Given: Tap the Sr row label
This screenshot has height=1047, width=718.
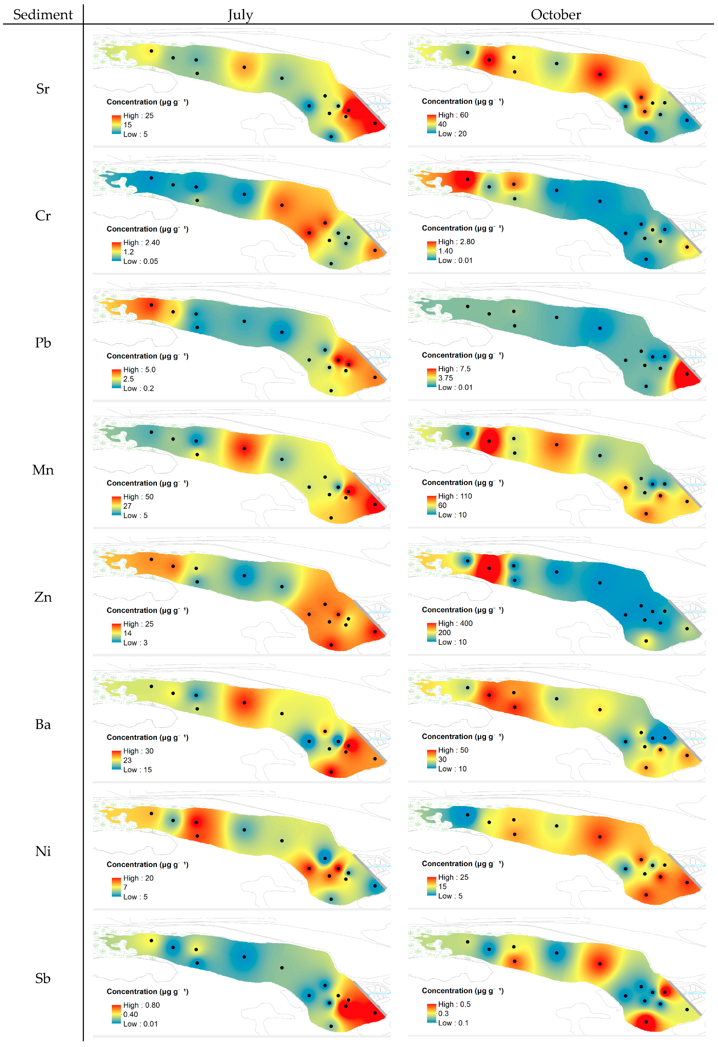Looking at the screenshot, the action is click(x=43, y=89).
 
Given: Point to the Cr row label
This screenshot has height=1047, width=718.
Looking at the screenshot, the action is click(x=43, y=216).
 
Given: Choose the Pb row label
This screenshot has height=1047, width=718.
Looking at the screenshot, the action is click(x=43, y=343).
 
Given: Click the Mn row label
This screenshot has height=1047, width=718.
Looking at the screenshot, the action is click(x=43, y=470).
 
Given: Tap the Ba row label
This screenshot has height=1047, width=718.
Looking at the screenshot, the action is click(x=43, y=724).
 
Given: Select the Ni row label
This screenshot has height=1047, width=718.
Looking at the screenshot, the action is click(x=43, y=851).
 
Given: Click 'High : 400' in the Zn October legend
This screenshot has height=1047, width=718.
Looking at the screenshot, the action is click(x=455, y=624).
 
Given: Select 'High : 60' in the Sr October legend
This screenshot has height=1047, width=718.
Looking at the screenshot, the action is click(x=453, y=115).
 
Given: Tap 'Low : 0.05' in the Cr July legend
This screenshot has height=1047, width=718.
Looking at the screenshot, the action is click(x=141, y=261).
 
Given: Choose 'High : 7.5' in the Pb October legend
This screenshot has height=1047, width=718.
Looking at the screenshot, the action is click(x=454, y=368).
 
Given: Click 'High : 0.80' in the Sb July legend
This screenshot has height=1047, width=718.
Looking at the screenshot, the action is click(x=141, y=1005).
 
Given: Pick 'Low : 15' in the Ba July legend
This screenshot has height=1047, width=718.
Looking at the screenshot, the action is click(x=137, y=769).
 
